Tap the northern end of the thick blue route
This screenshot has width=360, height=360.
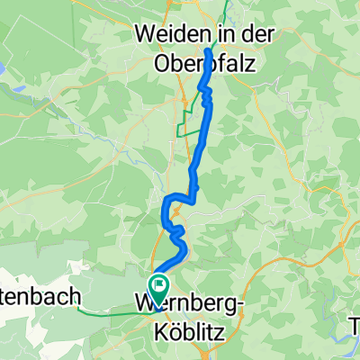210,51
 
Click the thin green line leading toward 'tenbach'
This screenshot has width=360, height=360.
108,311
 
